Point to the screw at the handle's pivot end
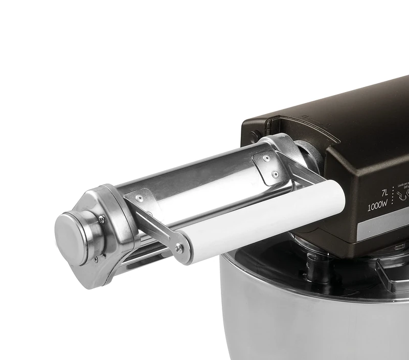pyautogui.click(x=179, y=249)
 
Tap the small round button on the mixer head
pyautogui.click(x=253, y=136)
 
